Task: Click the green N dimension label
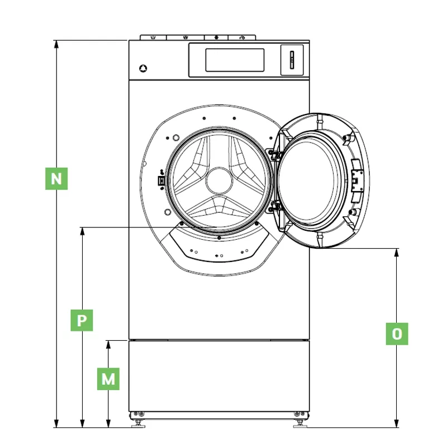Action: [56, 179]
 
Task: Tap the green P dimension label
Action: [82, 320]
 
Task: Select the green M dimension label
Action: [108, 379]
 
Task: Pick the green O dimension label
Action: [397, 334]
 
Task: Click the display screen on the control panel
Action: [235, 60]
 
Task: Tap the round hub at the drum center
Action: [219, 181]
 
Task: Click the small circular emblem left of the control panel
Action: [143, 68]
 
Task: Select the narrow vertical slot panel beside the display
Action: [292, 60]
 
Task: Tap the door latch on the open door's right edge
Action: [358, 180]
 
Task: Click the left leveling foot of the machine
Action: [139, 424]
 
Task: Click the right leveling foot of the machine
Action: [300, 424]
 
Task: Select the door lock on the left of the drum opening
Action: [161, 180]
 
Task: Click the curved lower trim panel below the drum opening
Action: [219, 245]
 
